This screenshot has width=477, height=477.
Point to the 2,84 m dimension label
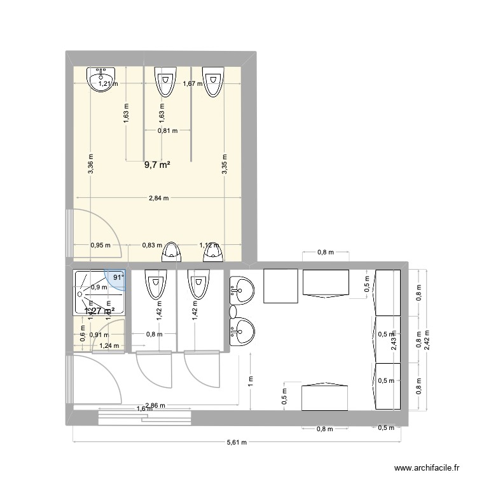158,198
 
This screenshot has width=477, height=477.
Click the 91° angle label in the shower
118,277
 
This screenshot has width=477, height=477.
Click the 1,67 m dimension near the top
191,83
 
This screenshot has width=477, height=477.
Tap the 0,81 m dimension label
167,131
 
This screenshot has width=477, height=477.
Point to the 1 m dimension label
251,380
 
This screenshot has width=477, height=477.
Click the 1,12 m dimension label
209,245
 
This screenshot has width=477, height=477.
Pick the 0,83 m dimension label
152,245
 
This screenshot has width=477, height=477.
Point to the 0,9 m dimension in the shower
99,287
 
